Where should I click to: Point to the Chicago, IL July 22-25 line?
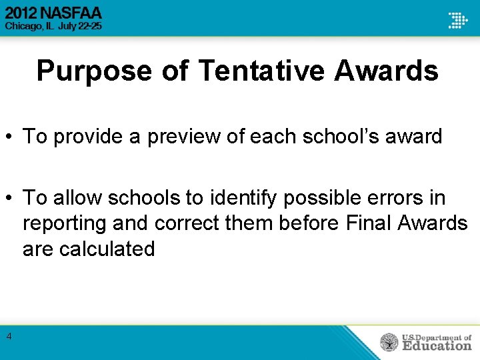pyautogui.click(x=53, y=27)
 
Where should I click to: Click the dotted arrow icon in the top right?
pyautogui.click(x=457, y=19)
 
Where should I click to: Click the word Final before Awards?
pyautogui.click(x=369, y=223)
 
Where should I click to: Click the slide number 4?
pyautogui.click(x=9, y=337)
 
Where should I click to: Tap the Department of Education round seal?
pyautogui.click(x=389, y=342)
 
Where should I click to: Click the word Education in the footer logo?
pyautogui.click(x=437, y=345)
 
